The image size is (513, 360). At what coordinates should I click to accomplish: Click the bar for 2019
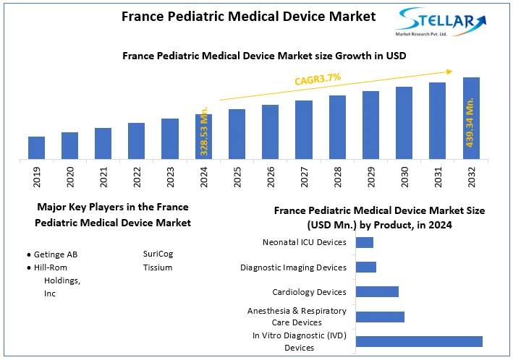(x=36, y=147)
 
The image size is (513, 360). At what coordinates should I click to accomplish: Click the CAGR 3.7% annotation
(x=317, y=79)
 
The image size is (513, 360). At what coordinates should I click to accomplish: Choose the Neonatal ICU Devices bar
(x=365, y=242)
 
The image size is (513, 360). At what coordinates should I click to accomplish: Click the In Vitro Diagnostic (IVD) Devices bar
(x=419, y=341)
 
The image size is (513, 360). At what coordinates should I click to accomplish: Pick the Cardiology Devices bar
(x=377, y=291)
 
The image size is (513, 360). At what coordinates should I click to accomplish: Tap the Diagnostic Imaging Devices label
(x=293, y=267)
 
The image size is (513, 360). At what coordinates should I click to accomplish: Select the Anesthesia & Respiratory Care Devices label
(x=297, y=317)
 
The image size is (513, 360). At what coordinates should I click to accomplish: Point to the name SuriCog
(x=158, y=254)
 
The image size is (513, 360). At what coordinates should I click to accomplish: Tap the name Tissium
(x=158, y=267)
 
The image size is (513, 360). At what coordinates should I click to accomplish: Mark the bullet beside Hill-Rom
(x=29, y=267)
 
